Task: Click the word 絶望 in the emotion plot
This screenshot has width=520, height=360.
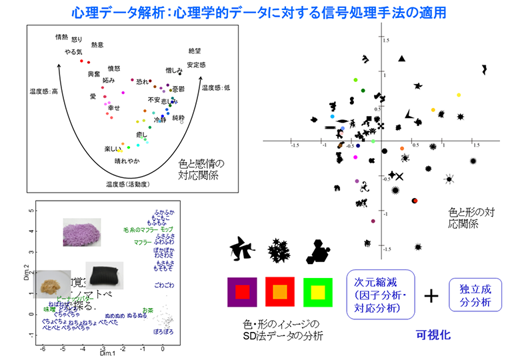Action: click(x=195, y=51)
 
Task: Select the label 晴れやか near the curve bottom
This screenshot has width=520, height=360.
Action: click(x=128, y=160)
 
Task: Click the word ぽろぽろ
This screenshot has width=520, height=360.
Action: click(x=163, y=331)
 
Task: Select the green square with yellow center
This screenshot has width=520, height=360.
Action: click(x=317, y=291)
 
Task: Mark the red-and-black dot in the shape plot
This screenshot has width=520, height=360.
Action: click(x=414, y=200)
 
